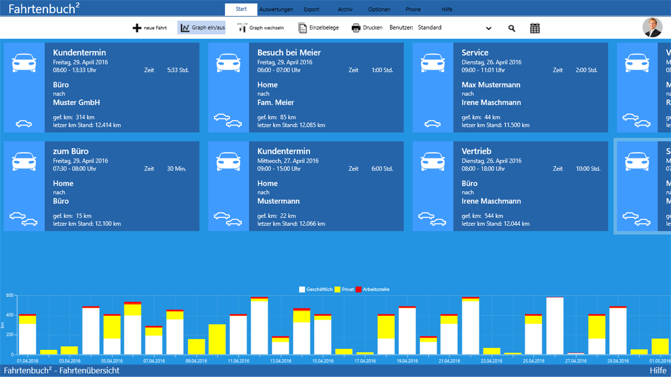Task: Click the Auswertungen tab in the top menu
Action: pos(276,9)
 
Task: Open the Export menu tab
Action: pos(312,9)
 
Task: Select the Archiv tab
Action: pos(345,9)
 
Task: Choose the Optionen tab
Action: pos(379,9)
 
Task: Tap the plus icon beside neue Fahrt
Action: pos(137,28)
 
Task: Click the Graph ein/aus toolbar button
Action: pos(201,28)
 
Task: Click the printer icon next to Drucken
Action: pos(356,28)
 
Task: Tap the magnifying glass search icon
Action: pos(512,28)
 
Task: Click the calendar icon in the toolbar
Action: pos(535,28)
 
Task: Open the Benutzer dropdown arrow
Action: pos(489,28)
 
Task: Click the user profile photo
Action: pos(652,27)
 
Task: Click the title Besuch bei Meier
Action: pos(289,53)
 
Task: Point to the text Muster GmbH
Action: pos(76,102)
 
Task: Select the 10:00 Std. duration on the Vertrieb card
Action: pos(588,169)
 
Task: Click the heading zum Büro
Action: pos(71,151)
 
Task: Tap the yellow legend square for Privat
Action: pos(337,289)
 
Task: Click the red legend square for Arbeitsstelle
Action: pos(359,289)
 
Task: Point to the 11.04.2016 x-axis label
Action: pos(239,361)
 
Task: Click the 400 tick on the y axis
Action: pos(9,315)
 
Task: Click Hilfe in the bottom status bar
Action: pos(658,370)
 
